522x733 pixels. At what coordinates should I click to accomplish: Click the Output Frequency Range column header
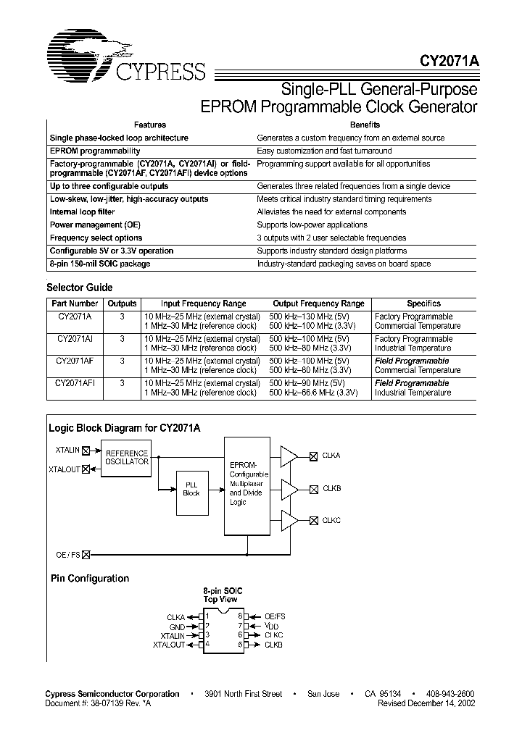coord(318,303)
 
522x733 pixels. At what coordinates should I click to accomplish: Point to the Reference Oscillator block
coord(127,457)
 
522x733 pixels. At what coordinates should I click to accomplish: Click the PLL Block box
coord(191,489)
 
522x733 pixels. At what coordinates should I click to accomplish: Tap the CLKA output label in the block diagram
coord(331,456)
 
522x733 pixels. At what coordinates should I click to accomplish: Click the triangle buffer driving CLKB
coord(289,489)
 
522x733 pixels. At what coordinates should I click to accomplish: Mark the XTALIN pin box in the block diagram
coord(87,451)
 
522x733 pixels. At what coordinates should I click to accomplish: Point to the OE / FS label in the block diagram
coord(68,555)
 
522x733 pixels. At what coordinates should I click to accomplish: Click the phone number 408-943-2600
coord(447,694)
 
